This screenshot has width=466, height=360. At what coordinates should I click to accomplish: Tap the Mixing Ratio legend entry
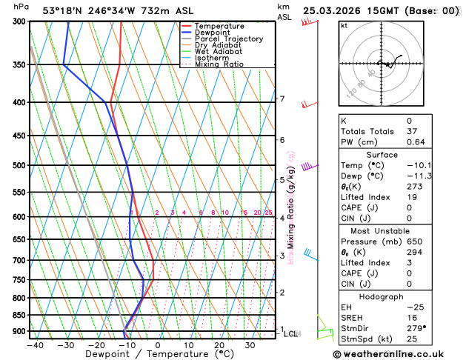click(x=219, y=64)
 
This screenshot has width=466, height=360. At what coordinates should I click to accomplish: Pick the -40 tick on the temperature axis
click(x=34, y=344)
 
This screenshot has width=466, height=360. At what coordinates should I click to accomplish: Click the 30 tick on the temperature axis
click(x=250, y=344)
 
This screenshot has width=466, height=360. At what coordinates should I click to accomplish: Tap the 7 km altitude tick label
click(x=282, y=99)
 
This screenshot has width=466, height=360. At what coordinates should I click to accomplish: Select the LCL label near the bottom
click(x=290, y=334)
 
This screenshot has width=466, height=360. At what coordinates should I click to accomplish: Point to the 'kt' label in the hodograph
click(x=344, y=25)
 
